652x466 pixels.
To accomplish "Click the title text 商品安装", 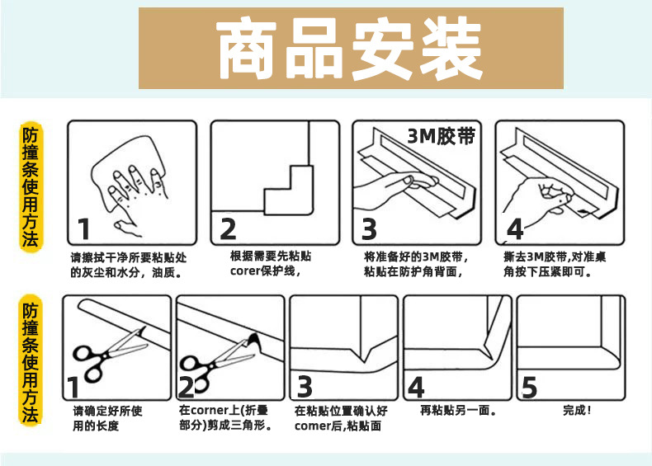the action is [350, 48].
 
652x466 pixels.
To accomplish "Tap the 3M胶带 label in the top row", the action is [442, 136].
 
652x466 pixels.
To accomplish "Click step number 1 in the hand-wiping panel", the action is [84, 229].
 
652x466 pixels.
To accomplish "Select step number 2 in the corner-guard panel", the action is [229, 229].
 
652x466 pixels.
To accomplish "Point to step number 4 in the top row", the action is [515, 229].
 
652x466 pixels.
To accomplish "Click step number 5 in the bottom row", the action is [529, 388].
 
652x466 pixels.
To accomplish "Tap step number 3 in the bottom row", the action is [305, 387].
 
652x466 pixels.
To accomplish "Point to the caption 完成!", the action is [577, 410].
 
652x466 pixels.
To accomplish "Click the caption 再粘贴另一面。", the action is [458, 410].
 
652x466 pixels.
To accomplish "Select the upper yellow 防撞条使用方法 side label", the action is [31, 186].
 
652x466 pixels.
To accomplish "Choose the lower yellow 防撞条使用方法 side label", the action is [31, 360].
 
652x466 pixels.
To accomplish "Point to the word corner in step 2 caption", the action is [210, 411].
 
